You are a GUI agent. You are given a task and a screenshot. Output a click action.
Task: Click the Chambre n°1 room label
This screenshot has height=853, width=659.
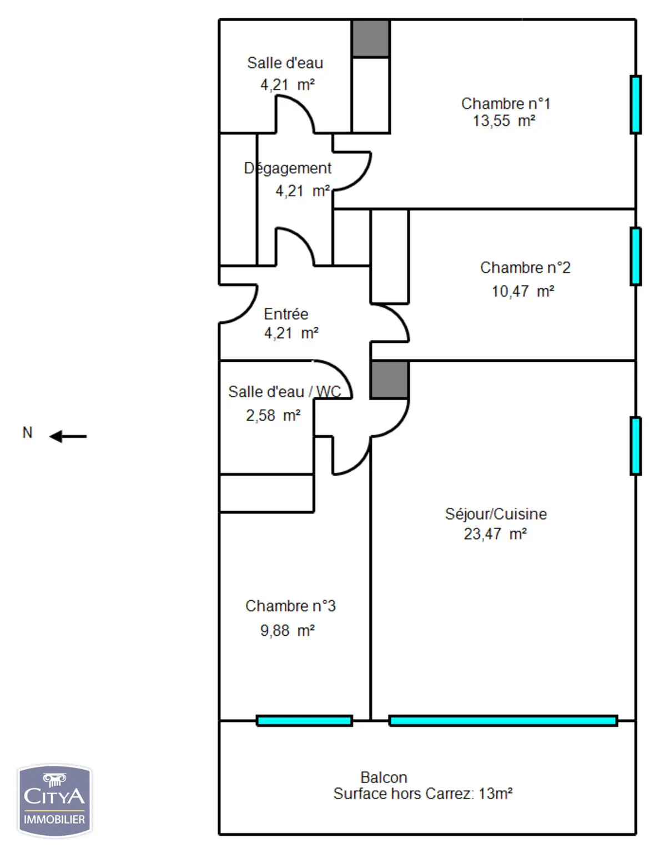(506, 103)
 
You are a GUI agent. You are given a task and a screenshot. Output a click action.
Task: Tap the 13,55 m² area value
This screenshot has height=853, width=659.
(504, 121)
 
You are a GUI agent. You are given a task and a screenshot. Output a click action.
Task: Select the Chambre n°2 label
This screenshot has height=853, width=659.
(525, 268)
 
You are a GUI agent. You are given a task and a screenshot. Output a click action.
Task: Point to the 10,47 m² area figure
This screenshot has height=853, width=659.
(523, 291)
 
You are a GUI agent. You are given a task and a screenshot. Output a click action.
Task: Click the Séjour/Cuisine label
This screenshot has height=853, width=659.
(496, 514)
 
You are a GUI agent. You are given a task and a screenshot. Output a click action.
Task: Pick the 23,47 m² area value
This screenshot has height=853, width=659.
(495, 534)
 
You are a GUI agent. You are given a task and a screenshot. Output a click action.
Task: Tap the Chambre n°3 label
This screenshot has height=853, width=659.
(290, 606)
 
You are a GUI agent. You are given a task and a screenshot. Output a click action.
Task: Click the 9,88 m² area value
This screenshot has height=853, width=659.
(288, 631)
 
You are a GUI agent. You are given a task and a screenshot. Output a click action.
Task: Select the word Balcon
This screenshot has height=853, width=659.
(384, 777)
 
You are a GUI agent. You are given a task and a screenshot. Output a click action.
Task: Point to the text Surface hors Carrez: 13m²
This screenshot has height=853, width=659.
(423, 794)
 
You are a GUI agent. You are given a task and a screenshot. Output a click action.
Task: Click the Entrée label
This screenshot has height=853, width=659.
(286, 314)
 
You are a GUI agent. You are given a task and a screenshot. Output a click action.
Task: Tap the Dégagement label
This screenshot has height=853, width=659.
(288, 168)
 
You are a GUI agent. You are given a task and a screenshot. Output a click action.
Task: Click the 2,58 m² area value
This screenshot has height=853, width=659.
(273, 416)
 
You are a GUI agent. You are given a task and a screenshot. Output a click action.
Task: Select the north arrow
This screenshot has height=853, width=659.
(68, 437)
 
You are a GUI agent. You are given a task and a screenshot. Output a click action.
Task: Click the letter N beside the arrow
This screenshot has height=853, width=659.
(27, 432)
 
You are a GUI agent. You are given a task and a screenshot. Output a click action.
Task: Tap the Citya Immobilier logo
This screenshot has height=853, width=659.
(54, 801)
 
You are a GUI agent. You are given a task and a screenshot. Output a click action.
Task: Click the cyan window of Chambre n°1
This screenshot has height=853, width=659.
(636, 104)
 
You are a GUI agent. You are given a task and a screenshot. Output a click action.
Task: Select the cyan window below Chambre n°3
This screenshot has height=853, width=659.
(304, 720)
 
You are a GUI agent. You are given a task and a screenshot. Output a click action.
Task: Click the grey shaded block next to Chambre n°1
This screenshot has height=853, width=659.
(370, 39)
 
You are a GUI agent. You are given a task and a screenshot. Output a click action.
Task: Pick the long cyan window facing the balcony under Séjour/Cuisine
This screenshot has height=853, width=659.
(504, 720)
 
